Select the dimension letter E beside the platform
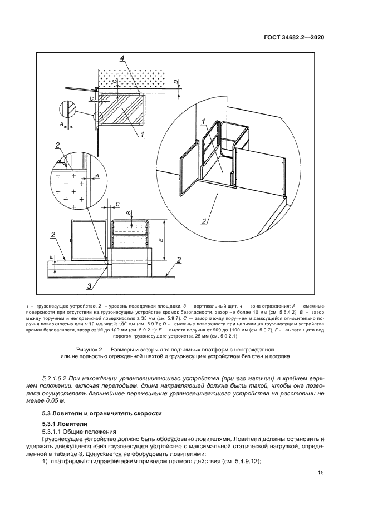coord(160,240)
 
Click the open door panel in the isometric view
coord(188,177)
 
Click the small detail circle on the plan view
coord(99,117)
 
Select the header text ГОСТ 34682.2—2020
coord(293,37)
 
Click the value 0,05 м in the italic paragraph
coord(62,400)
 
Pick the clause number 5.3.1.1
coord(55,432)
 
